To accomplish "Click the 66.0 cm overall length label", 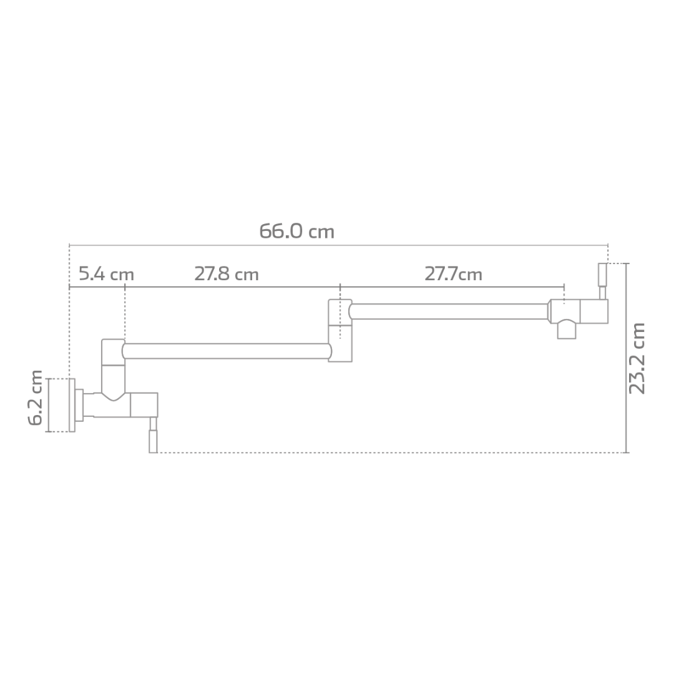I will tap(296, 232).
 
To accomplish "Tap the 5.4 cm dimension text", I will tap(106, 274).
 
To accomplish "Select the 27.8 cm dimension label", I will tap(226, 274).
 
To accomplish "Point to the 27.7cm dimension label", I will tap(453, 274).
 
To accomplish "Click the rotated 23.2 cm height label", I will tap(637, 358).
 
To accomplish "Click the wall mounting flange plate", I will tap(72, 405).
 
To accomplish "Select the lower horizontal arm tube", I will tap(226, 351).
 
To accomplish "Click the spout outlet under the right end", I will tap(566, 330).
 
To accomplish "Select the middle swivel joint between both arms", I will tap(340, 330).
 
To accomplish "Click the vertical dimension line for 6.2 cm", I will tap(49, 405).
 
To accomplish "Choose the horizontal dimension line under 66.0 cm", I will tap(337, 245).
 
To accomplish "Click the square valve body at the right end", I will tap(593, 311).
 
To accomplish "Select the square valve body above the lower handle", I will tap(144, 405).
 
